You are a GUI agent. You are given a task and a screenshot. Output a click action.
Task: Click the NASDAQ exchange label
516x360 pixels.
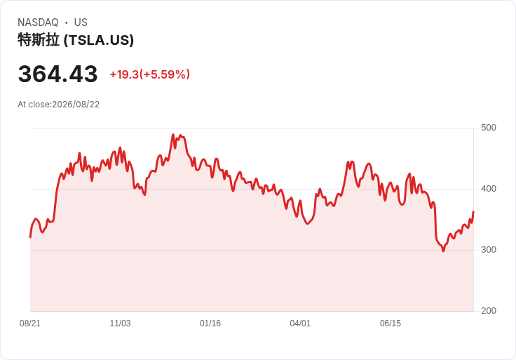click(x=38, y=22)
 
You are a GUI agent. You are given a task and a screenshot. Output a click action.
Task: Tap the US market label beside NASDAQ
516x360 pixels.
click(x=81, y=22)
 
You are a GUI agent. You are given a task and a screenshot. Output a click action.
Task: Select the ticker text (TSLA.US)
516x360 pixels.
click(x=99, y=40)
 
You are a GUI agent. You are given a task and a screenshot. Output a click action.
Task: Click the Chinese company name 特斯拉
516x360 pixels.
click(x=39, y=40)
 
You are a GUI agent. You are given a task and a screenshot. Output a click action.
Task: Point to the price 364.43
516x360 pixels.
click(x=58, y=74)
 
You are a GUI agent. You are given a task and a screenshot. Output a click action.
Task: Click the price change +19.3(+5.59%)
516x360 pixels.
click(x=150, y=74)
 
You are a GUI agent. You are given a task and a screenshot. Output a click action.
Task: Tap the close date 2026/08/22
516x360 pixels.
click(x=76, y=105)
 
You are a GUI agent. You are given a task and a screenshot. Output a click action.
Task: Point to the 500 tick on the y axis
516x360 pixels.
click(x=489, y=128)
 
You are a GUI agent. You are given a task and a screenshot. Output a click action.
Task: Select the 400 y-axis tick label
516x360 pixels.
click(x=489, y=189)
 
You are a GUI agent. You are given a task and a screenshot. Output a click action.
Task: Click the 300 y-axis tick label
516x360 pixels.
click(x=489, y=250)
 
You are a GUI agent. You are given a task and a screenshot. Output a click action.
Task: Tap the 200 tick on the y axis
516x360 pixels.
click(x=489, y=311)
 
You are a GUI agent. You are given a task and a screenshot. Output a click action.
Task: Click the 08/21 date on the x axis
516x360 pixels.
click(x=30, y=324)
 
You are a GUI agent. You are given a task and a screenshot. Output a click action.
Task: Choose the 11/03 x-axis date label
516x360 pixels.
click(x=120, y=324)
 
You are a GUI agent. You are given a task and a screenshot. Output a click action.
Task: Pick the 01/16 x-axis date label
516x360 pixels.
click(x=210, y=324)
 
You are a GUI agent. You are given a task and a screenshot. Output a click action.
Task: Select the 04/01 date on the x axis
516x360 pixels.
click(x=300, y=324)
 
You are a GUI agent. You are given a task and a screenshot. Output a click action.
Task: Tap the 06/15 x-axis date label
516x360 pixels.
click(x=391, y=324)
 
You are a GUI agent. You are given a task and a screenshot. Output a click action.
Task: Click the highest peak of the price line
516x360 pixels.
click(x=173, y=134)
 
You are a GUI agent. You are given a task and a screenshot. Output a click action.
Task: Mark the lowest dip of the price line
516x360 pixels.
click(x=443, y=251)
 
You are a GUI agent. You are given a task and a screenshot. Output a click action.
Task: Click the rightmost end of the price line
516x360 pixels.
click(x=473, y=212)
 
